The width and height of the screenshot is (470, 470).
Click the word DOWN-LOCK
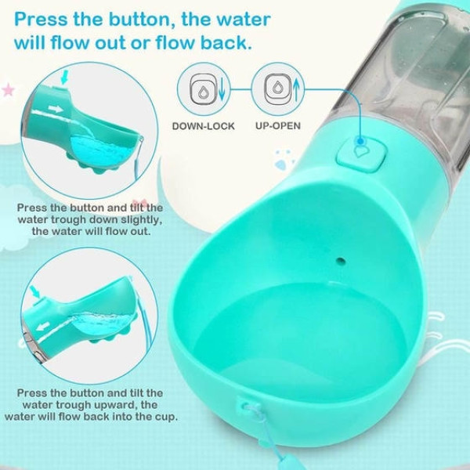pyautogui.click(x=203, y=125)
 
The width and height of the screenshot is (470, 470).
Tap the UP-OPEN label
pyautogui.click(x=277, y=125)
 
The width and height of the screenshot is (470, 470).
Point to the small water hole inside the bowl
pyautogui.click(x=340, y=258)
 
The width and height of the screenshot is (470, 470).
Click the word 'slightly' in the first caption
pyautogui.click(x=134, y=220)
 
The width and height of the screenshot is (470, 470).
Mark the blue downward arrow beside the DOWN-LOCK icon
pyautogui.click(x=222, y=89)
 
